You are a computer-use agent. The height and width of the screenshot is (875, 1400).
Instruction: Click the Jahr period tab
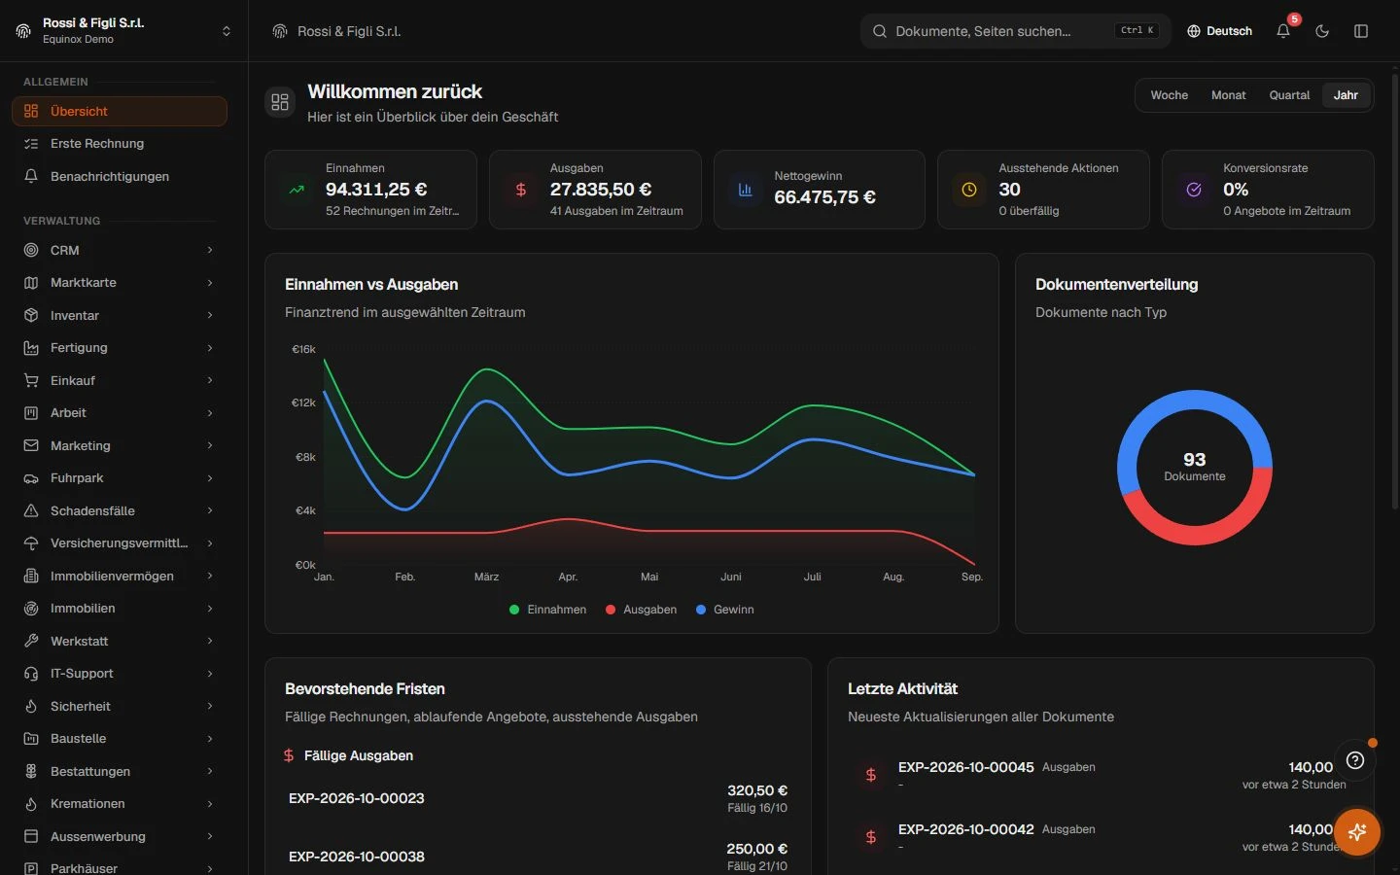pos(1345,95)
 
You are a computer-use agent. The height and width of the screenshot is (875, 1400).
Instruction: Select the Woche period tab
pos(1169,95)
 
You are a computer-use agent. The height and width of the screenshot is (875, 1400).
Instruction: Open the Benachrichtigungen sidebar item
pos(109,176)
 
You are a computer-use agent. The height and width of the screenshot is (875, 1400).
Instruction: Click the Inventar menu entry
pos(74,315)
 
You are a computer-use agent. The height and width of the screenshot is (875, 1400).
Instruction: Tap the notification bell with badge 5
pos(1283,31)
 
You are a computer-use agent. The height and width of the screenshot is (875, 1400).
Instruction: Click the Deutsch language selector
pos(1219,31)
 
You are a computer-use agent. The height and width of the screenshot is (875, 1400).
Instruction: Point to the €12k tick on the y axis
pos(303,402)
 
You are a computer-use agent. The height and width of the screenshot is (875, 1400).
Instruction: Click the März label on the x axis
pos(486,577)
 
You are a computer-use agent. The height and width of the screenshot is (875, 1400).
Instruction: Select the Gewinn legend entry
pos(725,610)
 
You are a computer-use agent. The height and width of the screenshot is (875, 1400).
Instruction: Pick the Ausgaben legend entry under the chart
pos(642,610)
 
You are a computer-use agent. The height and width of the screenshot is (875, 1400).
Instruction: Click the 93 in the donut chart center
pos(1194,459)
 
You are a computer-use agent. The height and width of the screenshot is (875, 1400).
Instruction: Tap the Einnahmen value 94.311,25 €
pos(376,189)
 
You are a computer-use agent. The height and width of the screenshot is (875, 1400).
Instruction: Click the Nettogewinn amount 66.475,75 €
pos(825,196)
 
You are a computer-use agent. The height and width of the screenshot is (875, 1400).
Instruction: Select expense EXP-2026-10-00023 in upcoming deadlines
pos(356,798)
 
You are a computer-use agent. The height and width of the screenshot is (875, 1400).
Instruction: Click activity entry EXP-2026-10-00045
pos(965,767)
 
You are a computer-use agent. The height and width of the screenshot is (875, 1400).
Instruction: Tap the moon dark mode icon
pos(1322,31)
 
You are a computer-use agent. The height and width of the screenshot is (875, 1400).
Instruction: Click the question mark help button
pos(1355,760)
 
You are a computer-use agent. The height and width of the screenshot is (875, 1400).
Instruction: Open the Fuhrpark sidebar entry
pos(76,478)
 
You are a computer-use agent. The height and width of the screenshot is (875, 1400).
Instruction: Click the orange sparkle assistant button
pos(1357,832)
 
